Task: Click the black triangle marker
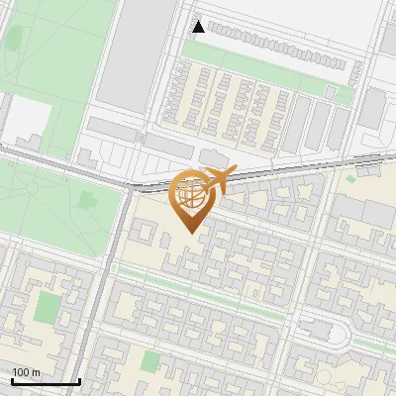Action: [199, 27]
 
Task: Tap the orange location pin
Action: [192, 198]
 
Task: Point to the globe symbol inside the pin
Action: [191, 194]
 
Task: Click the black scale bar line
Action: [46, 382]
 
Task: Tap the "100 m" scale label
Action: [26, 372]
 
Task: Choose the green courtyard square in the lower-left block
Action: [47, 308]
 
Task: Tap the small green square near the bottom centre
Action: [149, 362]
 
